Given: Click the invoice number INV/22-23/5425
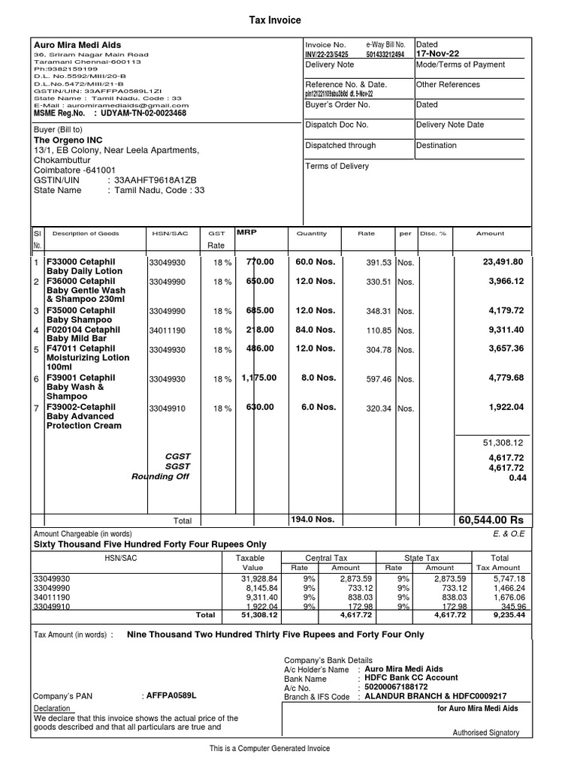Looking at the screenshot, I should pyautogui.click(x=326, y=54).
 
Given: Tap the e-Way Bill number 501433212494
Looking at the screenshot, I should pyautogui.click(x=385, y=54).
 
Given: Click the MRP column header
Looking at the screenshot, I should pyautogui.click(x=247, y=233).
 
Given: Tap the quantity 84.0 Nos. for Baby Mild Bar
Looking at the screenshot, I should pyautogui.click(x=315, y=330).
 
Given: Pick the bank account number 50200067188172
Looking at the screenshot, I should pyautogui.click(x=406, y=687).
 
